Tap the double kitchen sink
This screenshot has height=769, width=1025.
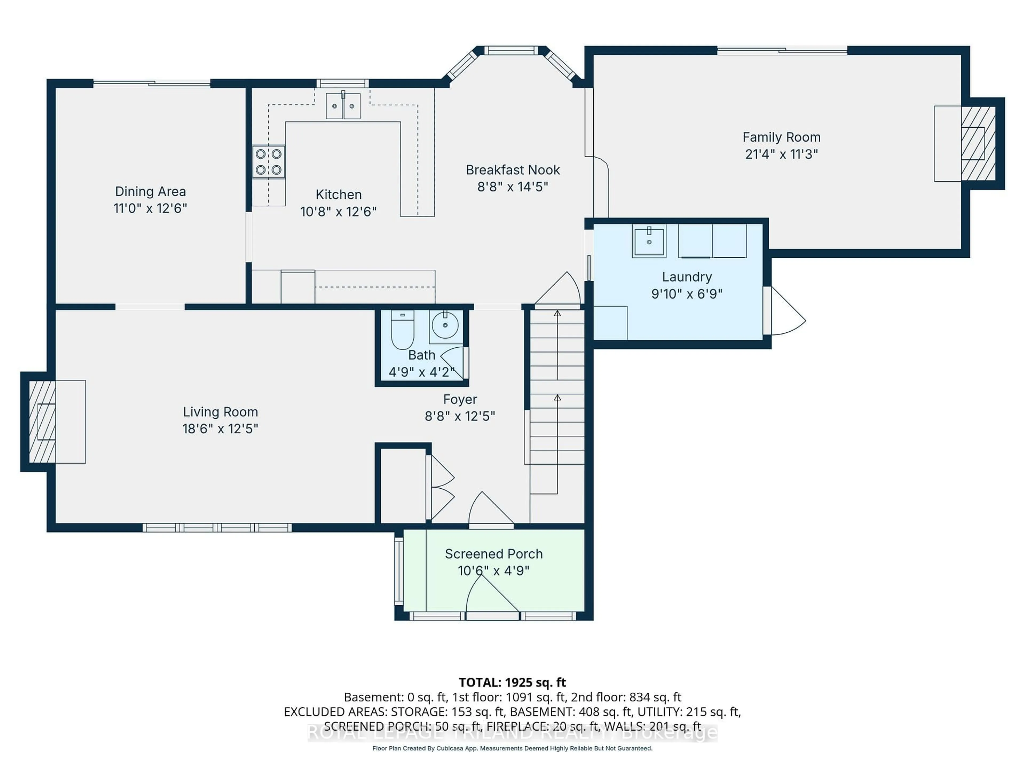(343, 106)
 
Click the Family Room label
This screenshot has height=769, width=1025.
(781, 137)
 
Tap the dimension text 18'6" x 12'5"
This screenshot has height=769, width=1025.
(220, 429)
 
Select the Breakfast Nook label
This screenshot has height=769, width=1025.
(512, 170)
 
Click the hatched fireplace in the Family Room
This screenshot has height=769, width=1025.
(978, 143)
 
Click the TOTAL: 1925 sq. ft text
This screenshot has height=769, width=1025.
(512, 682)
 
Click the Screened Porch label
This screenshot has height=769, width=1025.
(494, 554)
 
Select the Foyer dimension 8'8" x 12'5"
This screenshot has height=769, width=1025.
(460, 416)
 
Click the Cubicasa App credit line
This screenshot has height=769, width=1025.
(512, 748)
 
